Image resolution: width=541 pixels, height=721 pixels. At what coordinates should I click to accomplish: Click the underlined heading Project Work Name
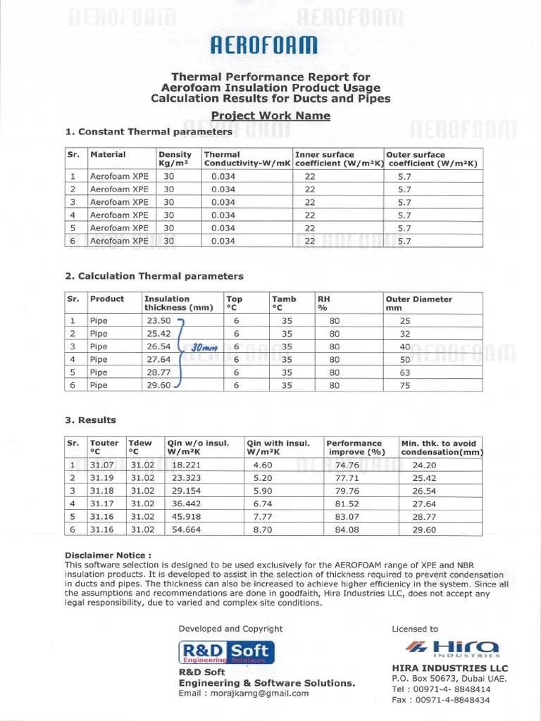click(270, 115)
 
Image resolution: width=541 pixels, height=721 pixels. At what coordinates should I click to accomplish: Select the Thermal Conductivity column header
click(247, 159)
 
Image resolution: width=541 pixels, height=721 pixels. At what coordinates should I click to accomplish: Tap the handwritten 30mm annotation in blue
click(205, 347)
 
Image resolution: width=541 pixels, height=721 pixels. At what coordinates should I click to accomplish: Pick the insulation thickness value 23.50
click(158, 321)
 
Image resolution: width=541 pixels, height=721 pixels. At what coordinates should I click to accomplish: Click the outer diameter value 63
click(404, 372)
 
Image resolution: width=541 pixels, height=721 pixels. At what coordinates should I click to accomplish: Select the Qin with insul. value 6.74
click(262, 504)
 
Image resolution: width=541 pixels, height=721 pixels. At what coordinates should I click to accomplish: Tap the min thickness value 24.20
click(424, 465)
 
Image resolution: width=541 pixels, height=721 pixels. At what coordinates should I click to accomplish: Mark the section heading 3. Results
click(90, 420)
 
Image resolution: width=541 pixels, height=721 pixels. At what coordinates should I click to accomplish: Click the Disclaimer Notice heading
click(108, 555)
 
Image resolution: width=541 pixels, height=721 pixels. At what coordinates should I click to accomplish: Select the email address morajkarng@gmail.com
click(244, 694)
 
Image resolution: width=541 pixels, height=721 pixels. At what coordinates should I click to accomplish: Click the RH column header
click(324, 303)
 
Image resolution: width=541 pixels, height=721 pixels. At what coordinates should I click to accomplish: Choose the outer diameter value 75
click(404, 385)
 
